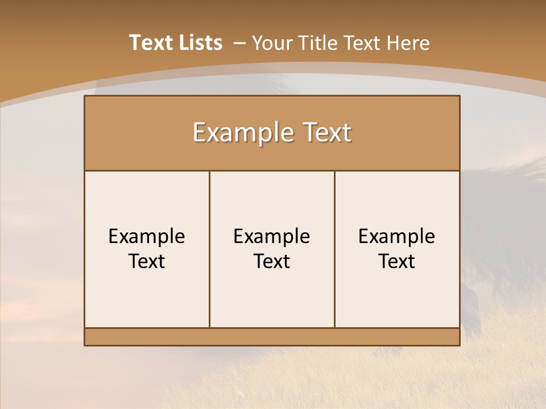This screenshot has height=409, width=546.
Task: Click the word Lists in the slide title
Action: coord(199,43)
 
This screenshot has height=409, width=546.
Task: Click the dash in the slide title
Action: coord(239,43)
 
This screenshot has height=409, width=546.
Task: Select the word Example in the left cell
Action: coord(147,236)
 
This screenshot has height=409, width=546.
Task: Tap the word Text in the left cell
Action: coord(147,261)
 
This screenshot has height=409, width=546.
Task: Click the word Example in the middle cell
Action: coord(272,236)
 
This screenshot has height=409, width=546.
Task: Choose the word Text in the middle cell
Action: coord(272,261)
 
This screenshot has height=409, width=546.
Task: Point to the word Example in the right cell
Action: coord(397,236)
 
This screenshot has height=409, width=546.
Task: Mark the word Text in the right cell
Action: coord(397,261)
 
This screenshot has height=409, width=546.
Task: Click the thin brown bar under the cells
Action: coord(272,337)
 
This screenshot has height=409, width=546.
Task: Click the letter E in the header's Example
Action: coord(199,133)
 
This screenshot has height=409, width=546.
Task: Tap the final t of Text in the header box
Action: coord(346,133)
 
